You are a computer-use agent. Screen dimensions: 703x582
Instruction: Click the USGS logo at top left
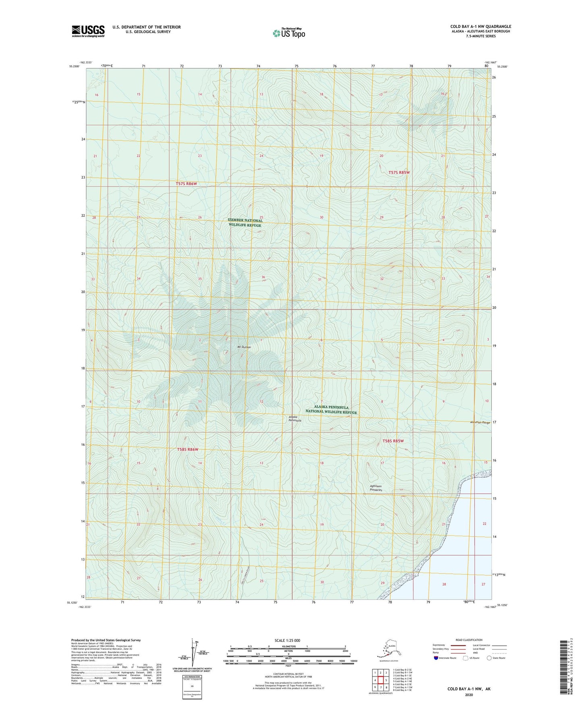[88, 31]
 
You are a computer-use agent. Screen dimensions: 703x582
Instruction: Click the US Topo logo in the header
[288, 33]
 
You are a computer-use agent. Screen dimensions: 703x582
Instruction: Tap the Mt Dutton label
[244, 347]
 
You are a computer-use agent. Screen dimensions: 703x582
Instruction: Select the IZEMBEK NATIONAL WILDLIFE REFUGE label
[245, 223]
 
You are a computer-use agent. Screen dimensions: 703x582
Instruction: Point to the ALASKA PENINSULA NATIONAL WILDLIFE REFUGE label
[331, 409]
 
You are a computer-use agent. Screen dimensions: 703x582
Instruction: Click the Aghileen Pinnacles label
[375, 488]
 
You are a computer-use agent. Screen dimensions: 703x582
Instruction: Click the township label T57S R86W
[186, 184]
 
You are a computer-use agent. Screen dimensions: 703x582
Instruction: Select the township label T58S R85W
[393, 441]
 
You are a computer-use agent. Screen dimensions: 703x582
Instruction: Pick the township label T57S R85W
[399, 172]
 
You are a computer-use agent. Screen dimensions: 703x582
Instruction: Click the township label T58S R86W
[188, 449]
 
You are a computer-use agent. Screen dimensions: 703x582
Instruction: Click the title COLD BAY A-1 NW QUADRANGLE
[481, 27]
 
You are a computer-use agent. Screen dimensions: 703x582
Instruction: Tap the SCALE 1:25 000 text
[287, 640]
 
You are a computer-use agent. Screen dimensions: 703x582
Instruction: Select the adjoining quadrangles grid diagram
[381, 681]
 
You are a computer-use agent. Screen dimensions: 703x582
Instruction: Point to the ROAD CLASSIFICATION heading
[469, 640]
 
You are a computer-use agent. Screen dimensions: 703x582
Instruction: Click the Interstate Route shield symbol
[436, 658]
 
